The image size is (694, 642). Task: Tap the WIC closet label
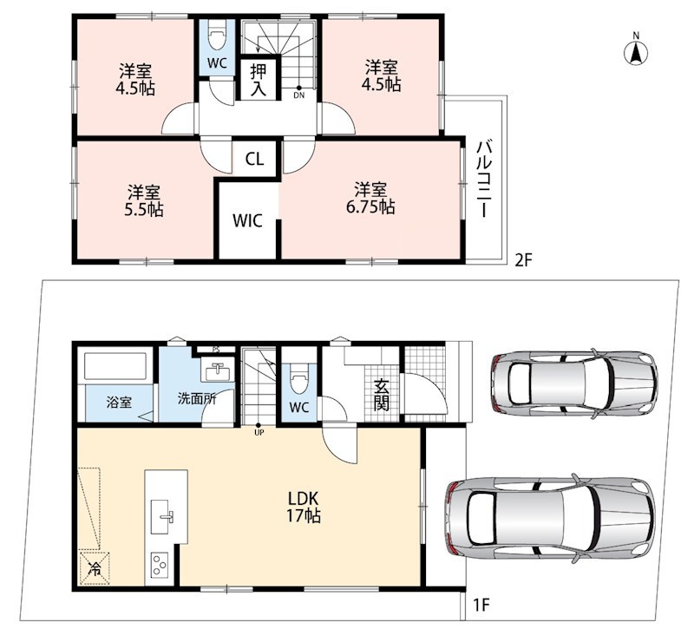coord(247,220)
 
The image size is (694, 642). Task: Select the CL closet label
coord(254,159)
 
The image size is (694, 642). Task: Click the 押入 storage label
coord(259,79)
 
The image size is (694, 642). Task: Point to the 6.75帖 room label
coord(370,198)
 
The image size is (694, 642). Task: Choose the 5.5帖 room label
coord(144,201)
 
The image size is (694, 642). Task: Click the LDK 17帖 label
coord(304,507)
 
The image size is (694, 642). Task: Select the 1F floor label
coord(481,605)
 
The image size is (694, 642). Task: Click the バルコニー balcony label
coord(485,179)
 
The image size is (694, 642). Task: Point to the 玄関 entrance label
coord(381,395)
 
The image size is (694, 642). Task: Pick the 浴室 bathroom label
coord(119,403)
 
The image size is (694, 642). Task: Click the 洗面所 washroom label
coord(197,398)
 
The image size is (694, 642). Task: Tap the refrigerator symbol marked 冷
coord(95,568)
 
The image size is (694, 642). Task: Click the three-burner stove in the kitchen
coord(160,565)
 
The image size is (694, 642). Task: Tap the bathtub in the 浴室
coord(116,367)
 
